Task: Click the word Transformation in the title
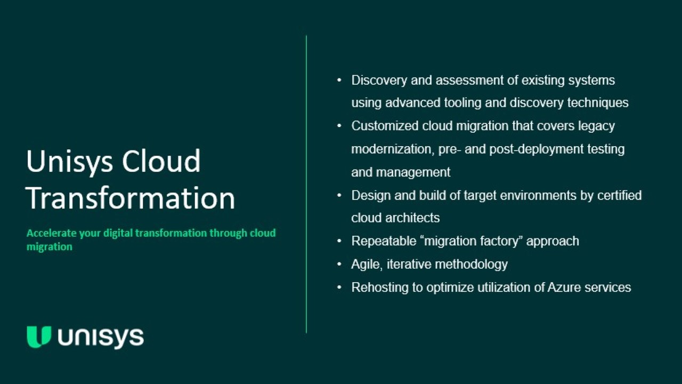click(x=131, y=198)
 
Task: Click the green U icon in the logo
click(x=39, y=337)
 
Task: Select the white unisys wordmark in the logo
click(x=101, y=338)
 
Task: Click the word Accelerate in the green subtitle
click(x=52, y=233)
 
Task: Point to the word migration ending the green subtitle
click(x=50, y=247)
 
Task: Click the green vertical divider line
click(x=306, y=184)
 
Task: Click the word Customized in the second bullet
click(x=385, y=126)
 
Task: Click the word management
click(x=413, y=172)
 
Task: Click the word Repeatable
click(x=384, y=241)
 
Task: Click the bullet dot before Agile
click(x=339, y=264)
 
